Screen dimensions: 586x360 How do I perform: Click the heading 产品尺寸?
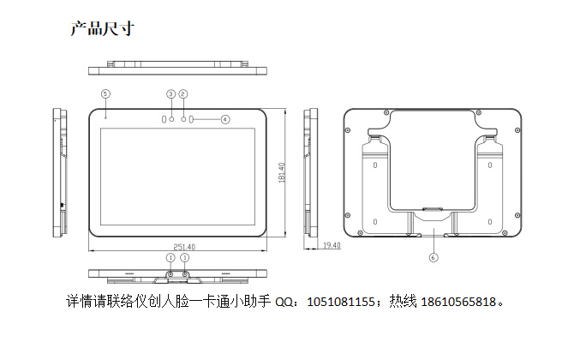click(x=103, y=29)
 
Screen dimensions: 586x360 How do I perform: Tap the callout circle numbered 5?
click(x=105, y=93)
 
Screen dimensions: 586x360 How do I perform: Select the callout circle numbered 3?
click(x=170, y=94)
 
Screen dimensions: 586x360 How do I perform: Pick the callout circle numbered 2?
click(x=183, y=94)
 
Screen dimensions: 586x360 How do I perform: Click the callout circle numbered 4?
click(x=225, y=119)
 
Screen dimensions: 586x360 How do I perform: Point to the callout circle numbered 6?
click(x=434, y=257)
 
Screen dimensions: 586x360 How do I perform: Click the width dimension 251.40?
click(x=184, y=247)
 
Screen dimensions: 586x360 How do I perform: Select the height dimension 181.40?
click(x=282, y=172)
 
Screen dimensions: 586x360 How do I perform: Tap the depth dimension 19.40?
click(x=332, y=245)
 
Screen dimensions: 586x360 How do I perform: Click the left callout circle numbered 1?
click(x=170, y=257)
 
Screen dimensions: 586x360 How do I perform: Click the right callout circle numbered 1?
click(x=184, y=257)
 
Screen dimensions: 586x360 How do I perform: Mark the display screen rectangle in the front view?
click(x=177, y=177)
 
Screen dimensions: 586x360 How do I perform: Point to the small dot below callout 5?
click(x=105, y=117)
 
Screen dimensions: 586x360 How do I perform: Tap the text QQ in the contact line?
click(x=284, y=302)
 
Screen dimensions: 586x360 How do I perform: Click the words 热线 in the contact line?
click(x=403, y=302)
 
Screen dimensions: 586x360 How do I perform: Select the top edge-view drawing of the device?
click(x=177, y=68)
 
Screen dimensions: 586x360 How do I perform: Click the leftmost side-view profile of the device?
click(x=60, y=172)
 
